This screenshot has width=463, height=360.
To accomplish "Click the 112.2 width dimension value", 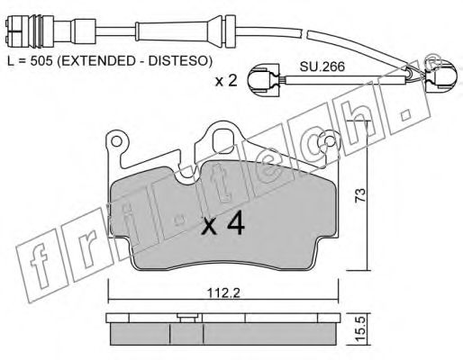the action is coord(222,292).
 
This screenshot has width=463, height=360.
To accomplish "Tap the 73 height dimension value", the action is coord(359,195).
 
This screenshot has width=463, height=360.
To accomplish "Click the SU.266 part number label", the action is coord(322,67).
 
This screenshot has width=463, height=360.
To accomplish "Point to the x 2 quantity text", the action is coord(226,81).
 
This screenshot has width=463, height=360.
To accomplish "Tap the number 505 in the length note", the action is coord(41,61).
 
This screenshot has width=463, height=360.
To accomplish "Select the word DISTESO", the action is coord(177,61).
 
